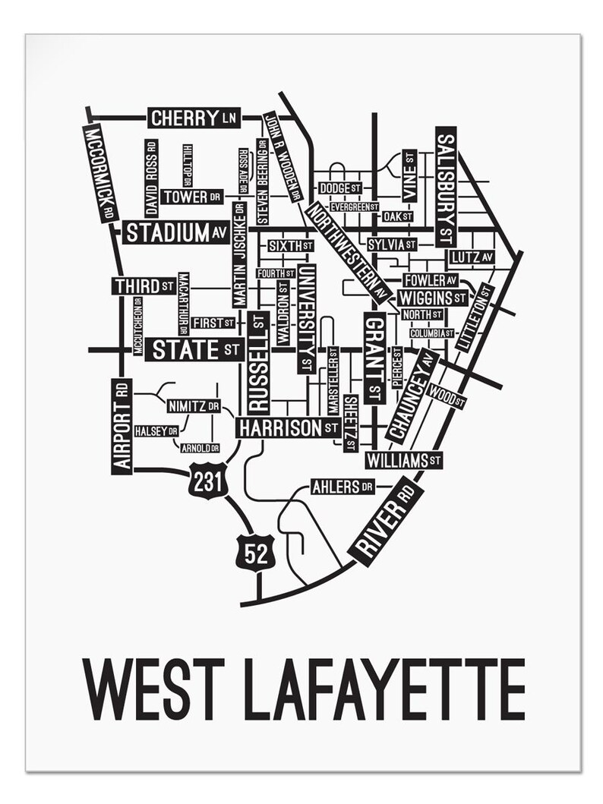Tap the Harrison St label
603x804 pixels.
click(287, 428)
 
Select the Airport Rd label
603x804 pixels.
click(122, 426)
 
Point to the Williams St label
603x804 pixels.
click(403, 460)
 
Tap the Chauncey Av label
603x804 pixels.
click(411, 396)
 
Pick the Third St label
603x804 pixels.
click(144, 286)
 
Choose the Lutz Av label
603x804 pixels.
click(471, 257)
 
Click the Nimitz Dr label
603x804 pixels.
click(193, 405)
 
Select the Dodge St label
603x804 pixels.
click(339, 188)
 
